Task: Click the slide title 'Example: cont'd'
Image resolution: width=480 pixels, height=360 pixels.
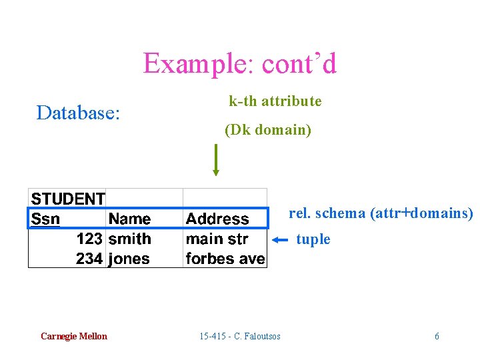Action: [x=240, y=64]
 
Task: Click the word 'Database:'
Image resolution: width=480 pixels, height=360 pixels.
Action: [x=78, y=113]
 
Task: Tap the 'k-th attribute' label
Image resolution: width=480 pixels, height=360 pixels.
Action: [x=275, y=101]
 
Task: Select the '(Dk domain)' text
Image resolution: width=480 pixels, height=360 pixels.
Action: [x=268, y=130]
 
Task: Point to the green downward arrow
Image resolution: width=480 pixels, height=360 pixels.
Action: [x=215, y=160]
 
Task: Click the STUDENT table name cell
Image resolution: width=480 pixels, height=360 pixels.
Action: [x=68, y=199]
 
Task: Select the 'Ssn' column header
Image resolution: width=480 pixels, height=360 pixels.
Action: [x=46, y=219]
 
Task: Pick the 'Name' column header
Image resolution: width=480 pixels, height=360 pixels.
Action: [x=129, y=219]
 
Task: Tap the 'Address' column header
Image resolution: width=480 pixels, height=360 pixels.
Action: [x=217, y=219]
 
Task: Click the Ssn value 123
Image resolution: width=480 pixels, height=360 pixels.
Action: [x=89, y=239]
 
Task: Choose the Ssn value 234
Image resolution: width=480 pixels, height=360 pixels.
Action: [x=89, y=259]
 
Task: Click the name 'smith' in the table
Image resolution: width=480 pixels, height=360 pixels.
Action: [x=129, y=239]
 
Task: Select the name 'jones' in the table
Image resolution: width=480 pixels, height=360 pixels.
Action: [x=129, y=259]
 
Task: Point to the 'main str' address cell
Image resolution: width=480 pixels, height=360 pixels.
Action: [x=217, y=239]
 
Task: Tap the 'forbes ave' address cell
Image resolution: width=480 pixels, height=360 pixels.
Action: [x=225, y=259]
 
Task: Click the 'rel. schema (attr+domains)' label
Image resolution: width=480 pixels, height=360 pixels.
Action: [x=381, y=213]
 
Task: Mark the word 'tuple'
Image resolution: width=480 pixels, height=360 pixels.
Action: [x=313, y=239]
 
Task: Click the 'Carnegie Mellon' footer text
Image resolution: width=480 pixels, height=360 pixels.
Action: [x=73, y=336]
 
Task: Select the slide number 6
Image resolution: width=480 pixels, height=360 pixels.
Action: [x=437, y=336]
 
